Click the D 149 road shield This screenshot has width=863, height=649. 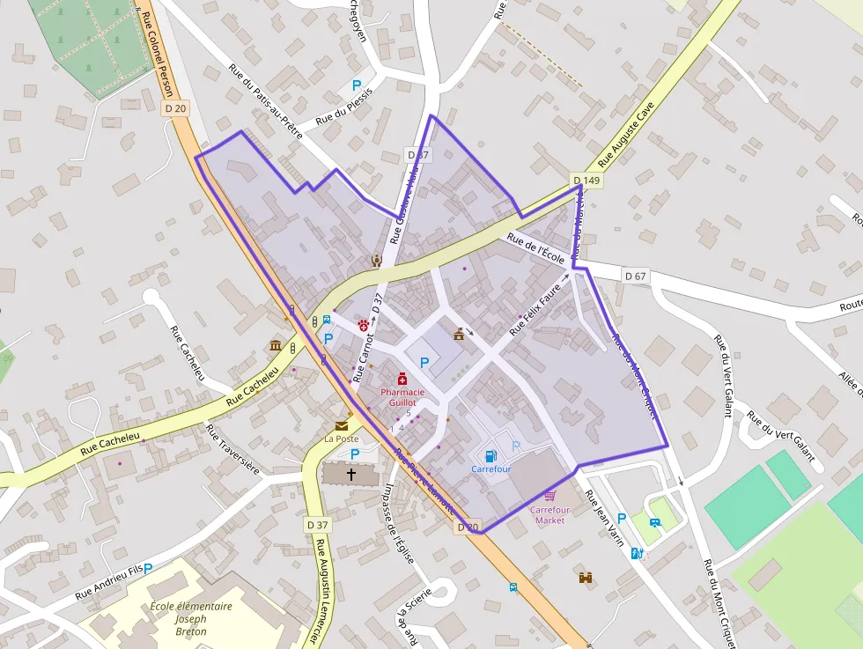[x=586, y=181]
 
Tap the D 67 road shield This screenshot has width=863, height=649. [x=635, y=276]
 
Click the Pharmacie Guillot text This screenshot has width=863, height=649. [x=402, y=397]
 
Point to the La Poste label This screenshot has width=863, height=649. [x=342, y=439]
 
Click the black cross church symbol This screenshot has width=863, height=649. [x=351, y=475]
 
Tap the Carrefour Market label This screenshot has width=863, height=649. [x=550, y=515]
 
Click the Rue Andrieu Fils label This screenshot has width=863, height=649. [x=109, y=583]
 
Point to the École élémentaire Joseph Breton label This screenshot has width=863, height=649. [x=191, y=618]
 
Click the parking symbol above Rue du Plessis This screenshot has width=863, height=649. [x=358, y=86]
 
